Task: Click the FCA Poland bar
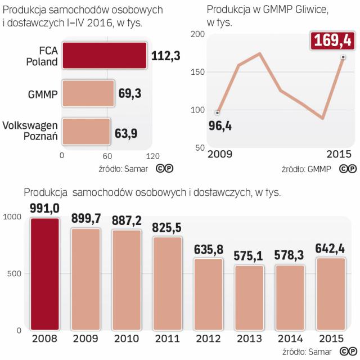[x=105, y=55]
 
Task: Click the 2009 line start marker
[x=218, y=112]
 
